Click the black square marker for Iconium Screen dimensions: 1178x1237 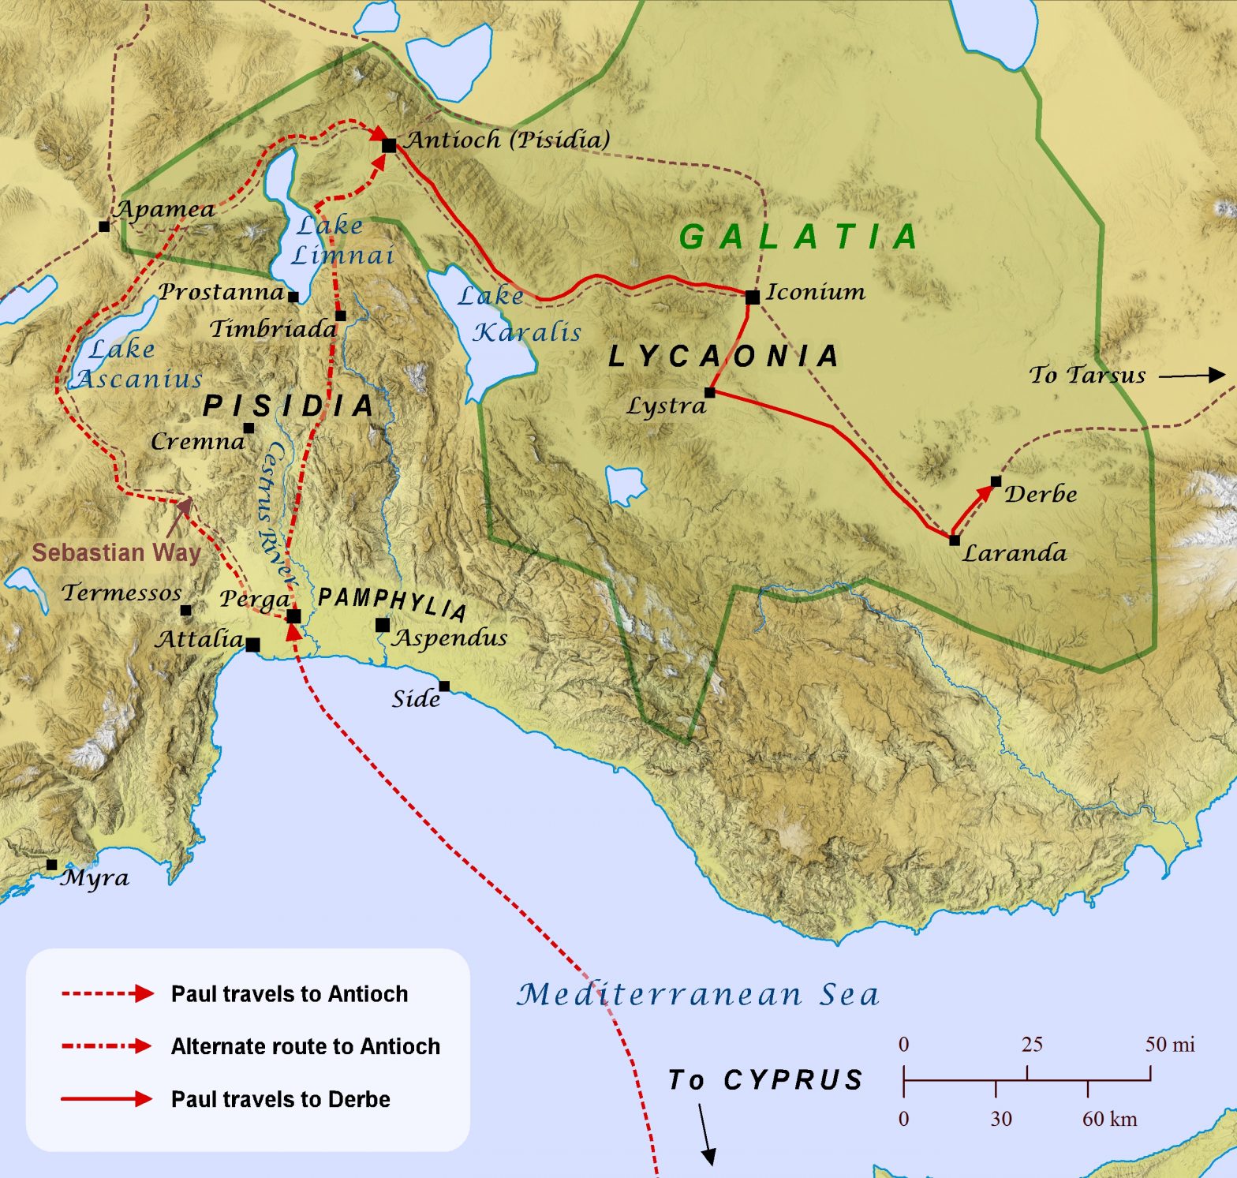tap(753, 297)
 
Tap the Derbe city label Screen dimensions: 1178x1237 tap(1041, 495)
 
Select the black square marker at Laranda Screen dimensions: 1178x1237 tap(955, 540)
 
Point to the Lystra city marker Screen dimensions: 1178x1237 tap(710, 392)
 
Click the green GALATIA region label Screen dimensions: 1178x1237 tap(799, 237)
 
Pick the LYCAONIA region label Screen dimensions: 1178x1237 tap(723, 357)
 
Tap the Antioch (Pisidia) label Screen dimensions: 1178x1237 tap(508, 140)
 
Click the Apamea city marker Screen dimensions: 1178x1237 tap(104, 226)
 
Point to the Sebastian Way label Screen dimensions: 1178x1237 tap(116, 552)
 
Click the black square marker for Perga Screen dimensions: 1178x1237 tap(293, 616)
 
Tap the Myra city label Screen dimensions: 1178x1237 tap(95, 878)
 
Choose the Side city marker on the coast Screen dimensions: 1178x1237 tap(444, 686)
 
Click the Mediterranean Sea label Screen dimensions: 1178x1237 tap(698, 994)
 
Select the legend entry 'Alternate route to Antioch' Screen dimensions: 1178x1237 tap(305, 1046)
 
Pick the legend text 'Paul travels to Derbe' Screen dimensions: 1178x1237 tap(280, 1099)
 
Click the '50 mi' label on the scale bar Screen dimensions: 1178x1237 tap(1170, 1045)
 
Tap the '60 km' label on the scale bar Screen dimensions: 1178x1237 tap(1109, 1119)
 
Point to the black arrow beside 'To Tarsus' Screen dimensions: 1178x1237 tap(1191, 376)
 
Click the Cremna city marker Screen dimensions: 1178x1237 tap(249, 428)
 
